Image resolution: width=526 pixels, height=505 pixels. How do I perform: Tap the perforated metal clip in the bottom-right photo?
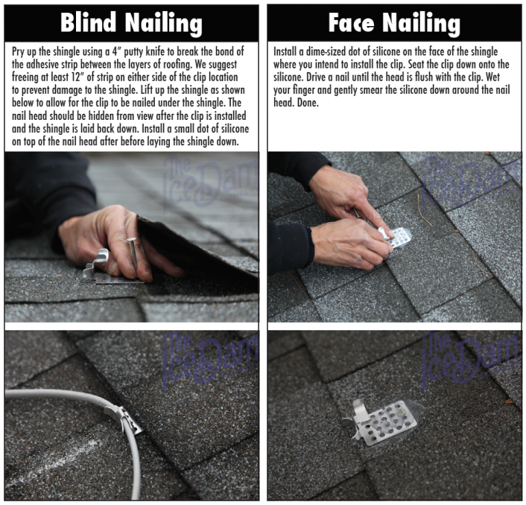387,419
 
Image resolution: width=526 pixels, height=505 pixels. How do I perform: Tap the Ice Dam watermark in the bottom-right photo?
473,356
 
